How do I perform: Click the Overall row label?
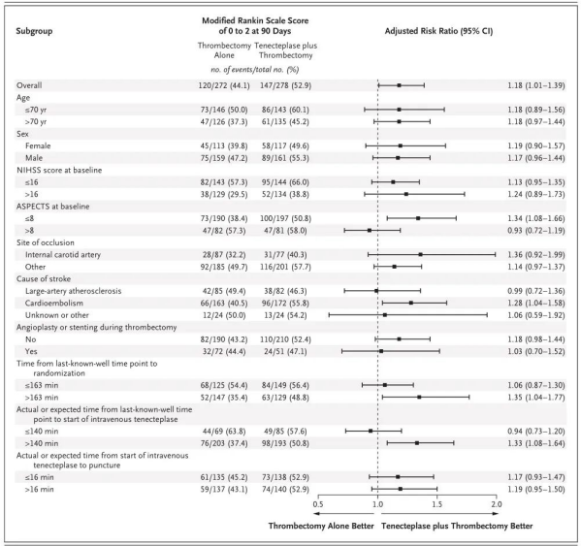29,85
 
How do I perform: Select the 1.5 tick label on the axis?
436,504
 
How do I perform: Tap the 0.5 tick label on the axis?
318,504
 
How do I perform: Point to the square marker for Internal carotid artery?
421,254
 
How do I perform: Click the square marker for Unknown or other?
385,315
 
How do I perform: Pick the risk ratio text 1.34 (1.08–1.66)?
536,218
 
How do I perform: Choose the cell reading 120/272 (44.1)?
224,85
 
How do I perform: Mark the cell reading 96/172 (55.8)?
285,303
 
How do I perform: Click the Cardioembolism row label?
54,303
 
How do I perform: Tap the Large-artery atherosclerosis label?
73,291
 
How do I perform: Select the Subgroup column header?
34,31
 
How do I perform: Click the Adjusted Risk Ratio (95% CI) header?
438,31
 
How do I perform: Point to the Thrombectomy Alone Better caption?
321,526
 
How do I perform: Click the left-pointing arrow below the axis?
343,514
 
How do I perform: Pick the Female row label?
38,145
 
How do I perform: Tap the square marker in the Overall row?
399,85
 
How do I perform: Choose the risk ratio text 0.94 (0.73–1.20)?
536,432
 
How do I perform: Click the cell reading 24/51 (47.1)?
285,351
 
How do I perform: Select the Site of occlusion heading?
46,242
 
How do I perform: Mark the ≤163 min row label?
42,385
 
